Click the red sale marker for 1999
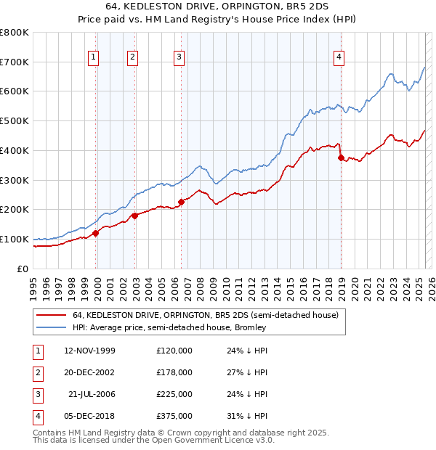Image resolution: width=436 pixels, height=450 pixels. click(x=95, y=233)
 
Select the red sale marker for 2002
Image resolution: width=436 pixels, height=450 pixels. click(x=135, y=216)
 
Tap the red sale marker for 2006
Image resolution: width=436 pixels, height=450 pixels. click(x=181, y=202)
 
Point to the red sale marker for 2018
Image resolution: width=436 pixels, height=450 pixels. click(x=340, y=157)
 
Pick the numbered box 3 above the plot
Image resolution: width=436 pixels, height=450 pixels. click(x=179, y=59)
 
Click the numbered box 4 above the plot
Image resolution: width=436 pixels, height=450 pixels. click(x=339, y=59)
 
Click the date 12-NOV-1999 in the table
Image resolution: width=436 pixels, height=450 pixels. click(x=90, y=351)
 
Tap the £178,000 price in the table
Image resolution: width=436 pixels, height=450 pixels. click(x=174, y=372)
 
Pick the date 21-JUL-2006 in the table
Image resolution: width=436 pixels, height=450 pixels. click(x=92, y=394)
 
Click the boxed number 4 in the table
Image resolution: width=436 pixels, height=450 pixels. click(x=36, y=416)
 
